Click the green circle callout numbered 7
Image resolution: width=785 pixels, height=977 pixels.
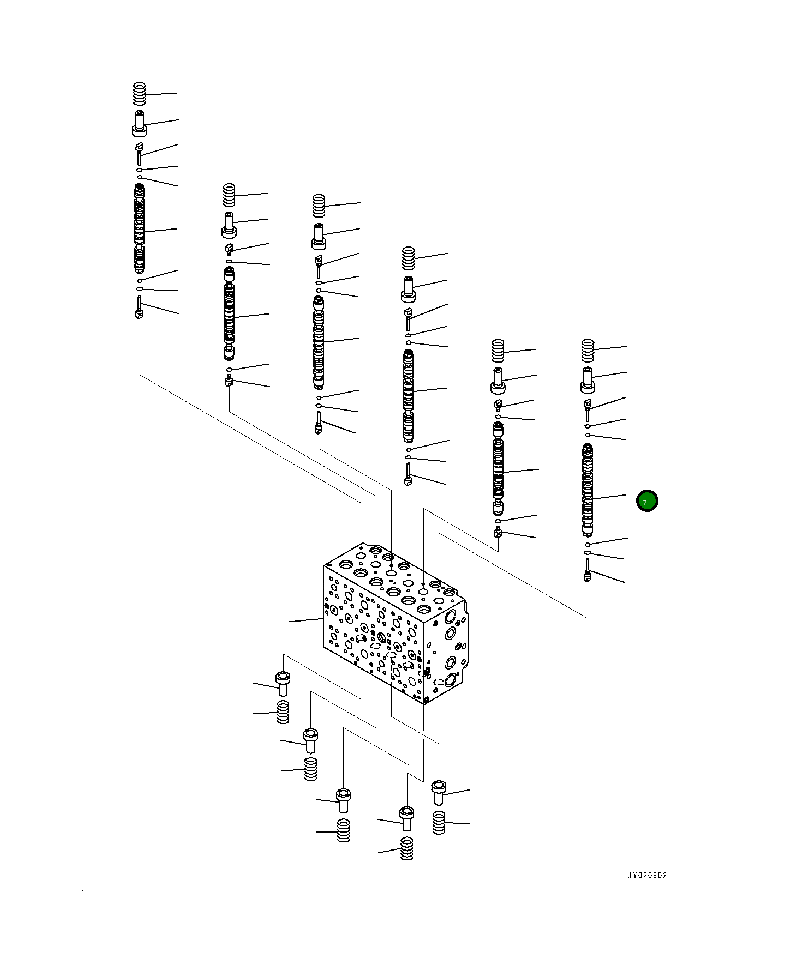[x=647, y=501]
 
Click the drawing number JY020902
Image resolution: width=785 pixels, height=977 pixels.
[x=646, y=875]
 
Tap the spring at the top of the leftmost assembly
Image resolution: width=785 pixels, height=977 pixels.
[x=140, y=94]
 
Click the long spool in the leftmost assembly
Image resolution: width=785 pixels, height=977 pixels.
[x=140, y=229]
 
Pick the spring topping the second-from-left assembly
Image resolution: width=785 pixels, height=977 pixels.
[x=229, y=195]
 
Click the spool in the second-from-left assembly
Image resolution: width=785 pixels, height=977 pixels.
[x=229, y=313]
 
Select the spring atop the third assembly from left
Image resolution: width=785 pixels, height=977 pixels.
[x=319, y=205]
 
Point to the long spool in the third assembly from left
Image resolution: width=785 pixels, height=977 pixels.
[x=319, y=342]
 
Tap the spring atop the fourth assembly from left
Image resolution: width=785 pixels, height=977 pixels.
[x=408, y=258]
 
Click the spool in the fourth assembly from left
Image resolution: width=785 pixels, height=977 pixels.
[x=408, y=395]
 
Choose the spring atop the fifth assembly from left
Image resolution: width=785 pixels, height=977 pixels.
[x=498, y=351]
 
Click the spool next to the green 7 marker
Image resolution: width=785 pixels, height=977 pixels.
[x=587, y=490]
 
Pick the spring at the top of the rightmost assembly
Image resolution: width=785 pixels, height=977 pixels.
[x=587, y=350]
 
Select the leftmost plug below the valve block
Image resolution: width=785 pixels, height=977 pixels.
[x=283, y=684]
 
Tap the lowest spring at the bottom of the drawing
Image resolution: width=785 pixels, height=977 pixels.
[x=406, y=848]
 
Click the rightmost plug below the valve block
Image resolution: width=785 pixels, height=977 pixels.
[x=439, y=792]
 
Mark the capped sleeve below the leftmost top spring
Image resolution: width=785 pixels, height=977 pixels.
[x=140, y=124]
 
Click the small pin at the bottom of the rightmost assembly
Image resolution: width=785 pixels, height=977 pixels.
[x=588, y=569]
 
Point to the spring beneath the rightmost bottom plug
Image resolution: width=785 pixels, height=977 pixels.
[x=439, y=822]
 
